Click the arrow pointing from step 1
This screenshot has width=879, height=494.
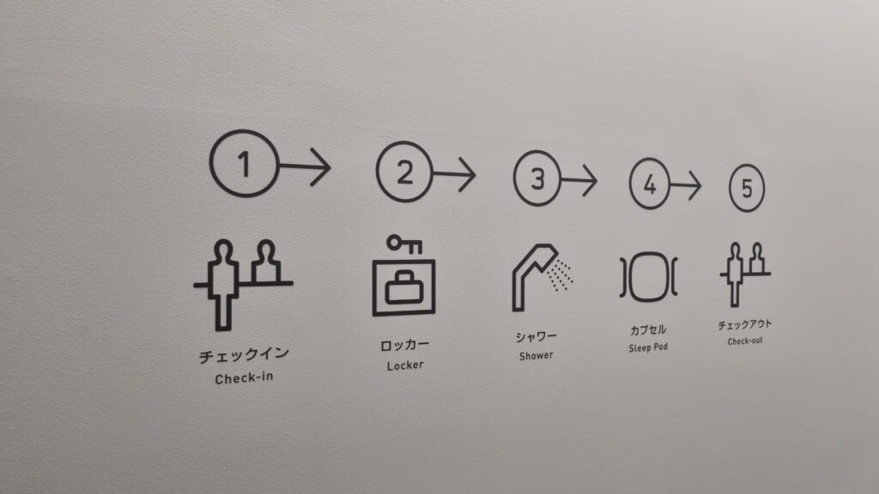click(306, 166)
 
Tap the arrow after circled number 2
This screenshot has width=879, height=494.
click(455, 174)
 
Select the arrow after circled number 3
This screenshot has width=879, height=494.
click(579, 180)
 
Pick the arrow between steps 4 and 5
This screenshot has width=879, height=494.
click(686, 185)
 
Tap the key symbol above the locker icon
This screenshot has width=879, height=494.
click(404, 244)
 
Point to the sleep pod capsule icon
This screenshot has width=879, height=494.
click(649, 277)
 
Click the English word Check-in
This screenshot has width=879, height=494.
click(245, 378)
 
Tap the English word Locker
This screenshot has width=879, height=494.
click(405, 365)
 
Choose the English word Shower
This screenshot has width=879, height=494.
click(536, 356)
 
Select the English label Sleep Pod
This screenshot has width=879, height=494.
click(648, 348)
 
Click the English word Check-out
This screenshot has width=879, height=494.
click(745, 341)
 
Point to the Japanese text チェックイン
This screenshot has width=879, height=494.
click(244, 354)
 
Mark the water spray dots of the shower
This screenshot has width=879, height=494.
click(561, 275)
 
